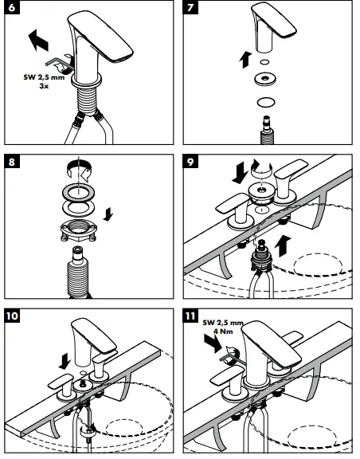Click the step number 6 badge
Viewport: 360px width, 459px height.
click(x=12, y=7)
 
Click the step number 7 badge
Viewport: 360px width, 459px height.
click(x=190, y=7)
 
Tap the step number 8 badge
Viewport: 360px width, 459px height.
click(x=12, y=161)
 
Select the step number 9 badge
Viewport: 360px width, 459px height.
click(x=190, y=161)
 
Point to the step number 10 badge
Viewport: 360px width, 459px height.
click(x=12, y=316)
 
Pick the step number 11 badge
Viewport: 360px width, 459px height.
click(x=190, y=316)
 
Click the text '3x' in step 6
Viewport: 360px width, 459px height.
click(x=44, y=86)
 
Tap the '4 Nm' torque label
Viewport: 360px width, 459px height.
click(x=223, y=331)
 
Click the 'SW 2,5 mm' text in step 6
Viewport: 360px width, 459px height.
click(x=44, y=77)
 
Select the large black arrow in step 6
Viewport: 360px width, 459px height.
click(x=39, y=40)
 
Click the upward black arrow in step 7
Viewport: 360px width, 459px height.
click(x=245, y=60)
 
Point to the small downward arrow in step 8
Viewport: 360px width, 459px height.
click(x=108, y=214)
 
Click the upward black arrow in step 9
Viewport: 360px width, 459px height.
click(x=283, y=245)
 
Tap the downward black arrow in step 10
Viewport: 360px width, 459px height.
click(x=64, y=361)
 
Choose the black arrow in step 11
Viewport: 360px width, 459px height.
click(x=213, y=343)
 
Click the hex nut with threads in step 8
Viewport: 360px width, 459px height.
click(x=78, y=229)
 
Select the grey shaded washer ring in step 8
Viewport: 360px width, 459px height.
click(x=78, y=193)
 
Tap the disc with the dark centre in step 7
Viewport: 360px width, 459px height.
click(x=265, y=79)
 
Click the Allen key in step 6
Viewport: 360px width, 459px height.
click(x=58, y=63)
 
